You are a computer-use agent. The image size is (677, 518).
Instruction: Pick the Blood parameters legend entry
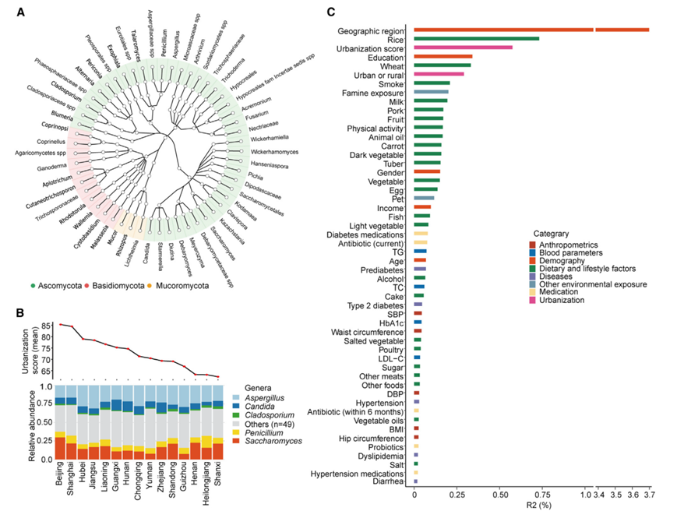click(x=571, y=252)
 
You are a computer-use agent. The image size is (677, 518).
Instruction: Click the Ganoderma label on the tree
click(x=44, y=167)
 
